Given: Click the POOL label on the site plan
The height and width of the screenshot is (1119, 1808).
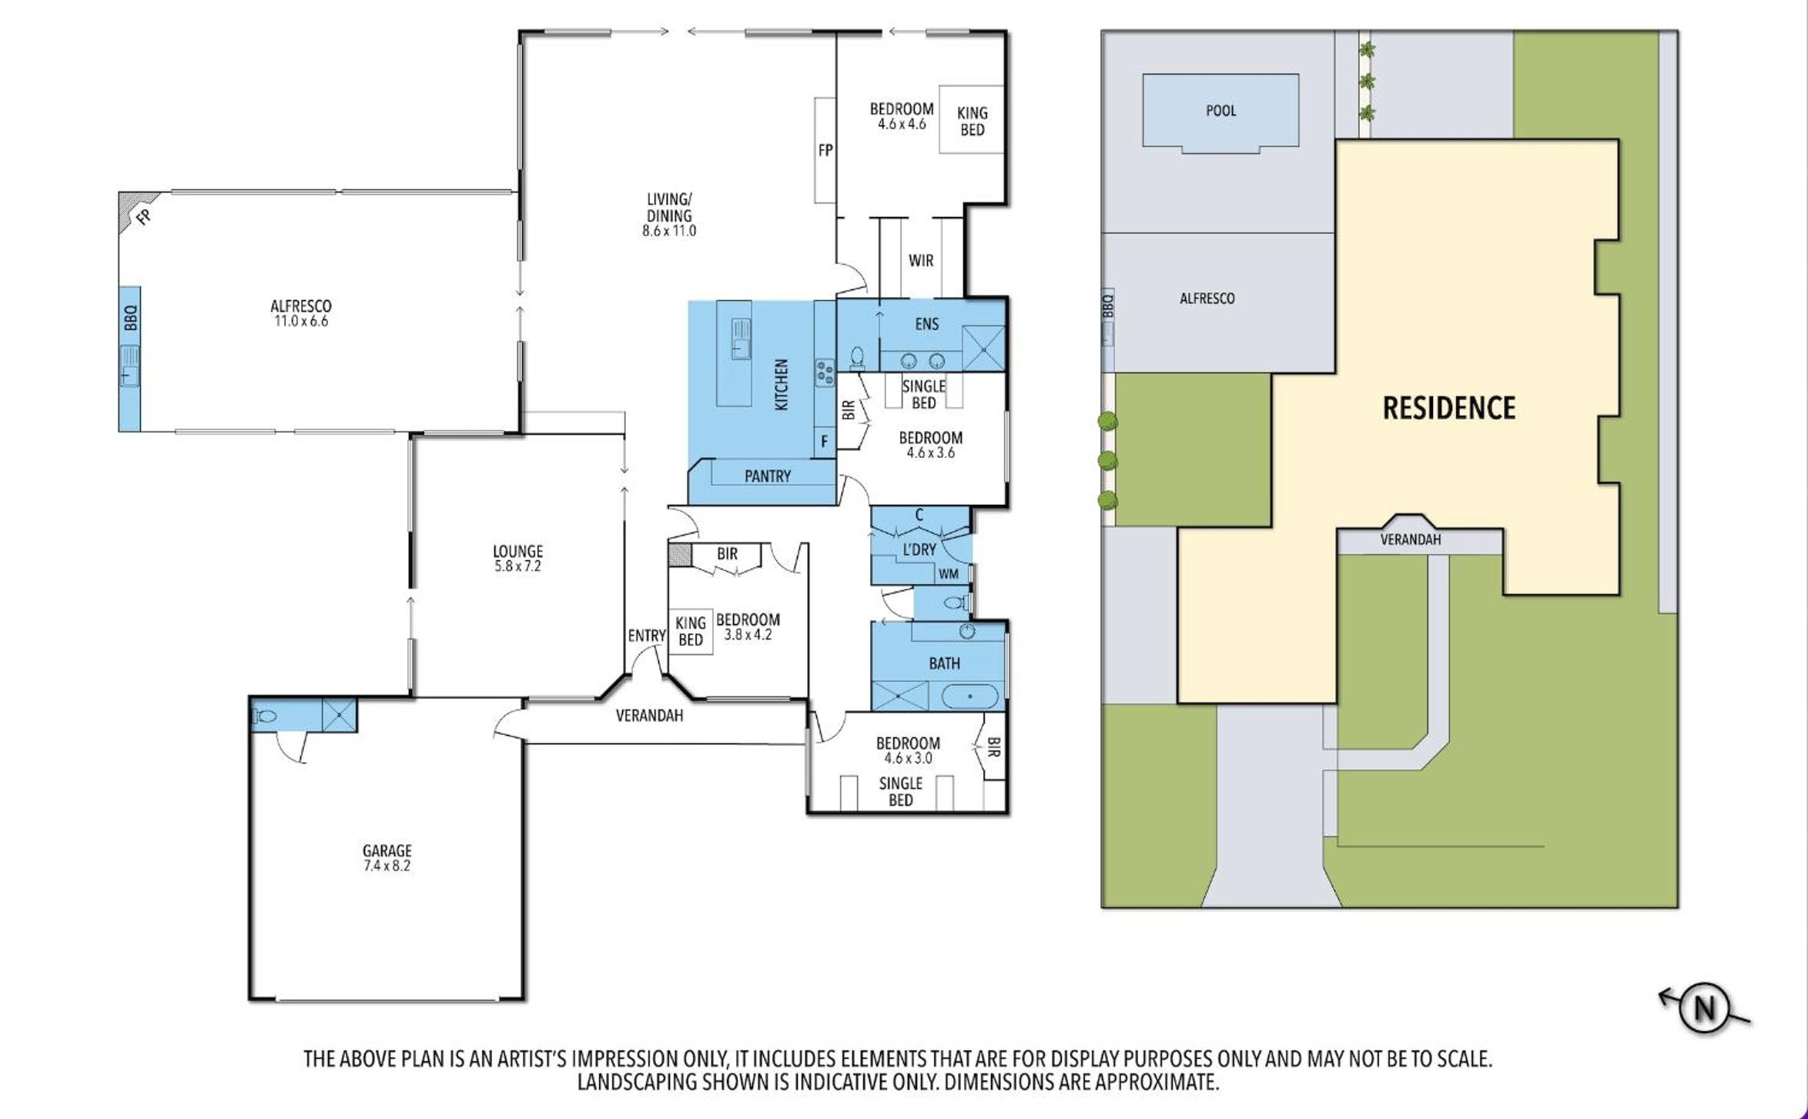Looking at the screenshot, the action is point(1220,111).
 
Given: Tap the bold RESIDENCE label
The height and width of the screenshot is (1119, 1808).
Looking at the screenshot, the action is point(1448,408).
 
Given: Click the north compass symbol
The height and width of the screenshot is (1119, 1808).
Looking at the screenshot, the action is point(1704,1007).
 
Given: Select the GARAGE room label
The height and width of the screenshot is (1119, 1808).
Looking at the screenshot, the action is point(387,850).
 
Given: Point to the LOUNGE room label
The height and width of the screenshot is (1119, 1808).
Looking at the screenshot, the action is point(517,551).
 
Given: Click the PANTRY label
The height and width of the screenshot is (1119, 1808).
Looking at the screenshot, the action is point(767,476).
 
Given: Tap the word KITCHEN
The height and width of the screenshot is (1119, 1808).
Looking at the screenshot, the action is point(781,384).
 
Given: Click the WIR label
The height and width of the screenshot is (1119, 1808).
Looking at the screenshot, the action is point(921,261).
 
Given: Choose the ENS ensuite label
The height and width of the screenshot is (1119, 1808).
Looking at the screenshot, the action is point(926,324).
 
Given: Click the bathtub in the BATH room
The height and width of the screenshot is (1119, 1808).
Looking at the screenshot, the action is point(969,696).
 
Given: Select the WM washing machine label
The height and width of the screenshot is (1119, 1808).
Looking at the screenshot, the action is point(949,574).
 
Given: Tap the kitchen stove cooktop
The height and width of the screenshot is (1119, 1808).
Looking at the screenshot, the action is point(825,372).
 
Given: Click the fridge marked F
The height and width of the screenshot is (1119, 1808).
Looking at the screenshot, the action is point(825,442).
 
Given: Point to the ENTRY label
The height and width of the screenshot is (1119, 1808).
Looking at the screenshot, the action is point(646,636).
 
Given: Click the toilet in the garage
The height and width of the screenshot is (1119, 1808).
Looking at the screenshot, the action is point(264,716).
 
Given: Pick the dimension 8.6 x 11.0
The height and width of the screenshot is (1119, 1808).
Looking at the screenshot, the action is point(669,231).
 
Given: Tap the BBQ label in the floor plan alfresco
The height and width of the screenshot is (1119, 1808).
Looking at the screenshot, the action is point(130,318).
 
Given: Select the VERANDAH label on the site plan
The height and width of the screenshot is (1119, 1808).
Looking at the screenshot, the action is point(1410,539).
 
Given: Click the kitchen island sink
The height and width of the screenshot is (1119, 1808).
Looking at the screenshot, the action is point(741,339).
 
